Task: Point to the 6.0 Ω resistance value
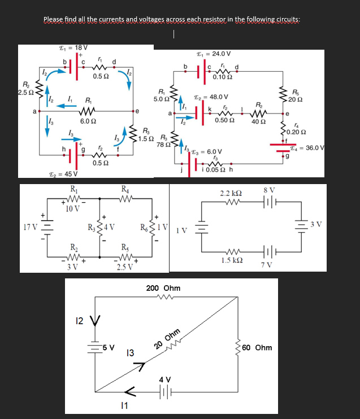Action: tap(88, 121)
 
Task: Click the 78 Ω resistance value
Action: tap(163, 145)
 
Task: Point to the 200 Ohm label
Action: tap(163, 288)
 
